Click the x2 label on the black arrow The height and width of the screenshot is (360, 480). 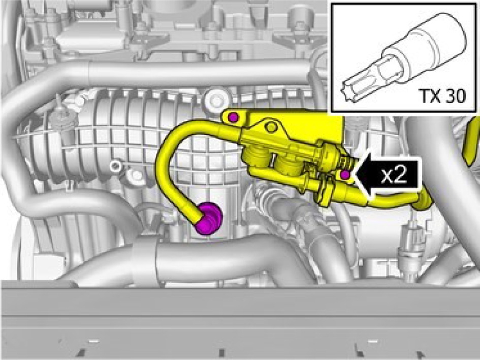coord(394,176)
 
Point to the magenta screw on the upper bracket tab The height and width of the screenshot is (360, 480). coord(234,117)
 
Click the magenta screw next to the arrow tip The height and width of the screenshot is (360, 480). coord(345,175)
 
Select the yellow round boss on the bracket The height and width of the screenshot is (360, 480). coord(271,127)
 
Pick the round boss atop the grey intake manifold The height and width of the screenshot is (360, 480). coord(215,100)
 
